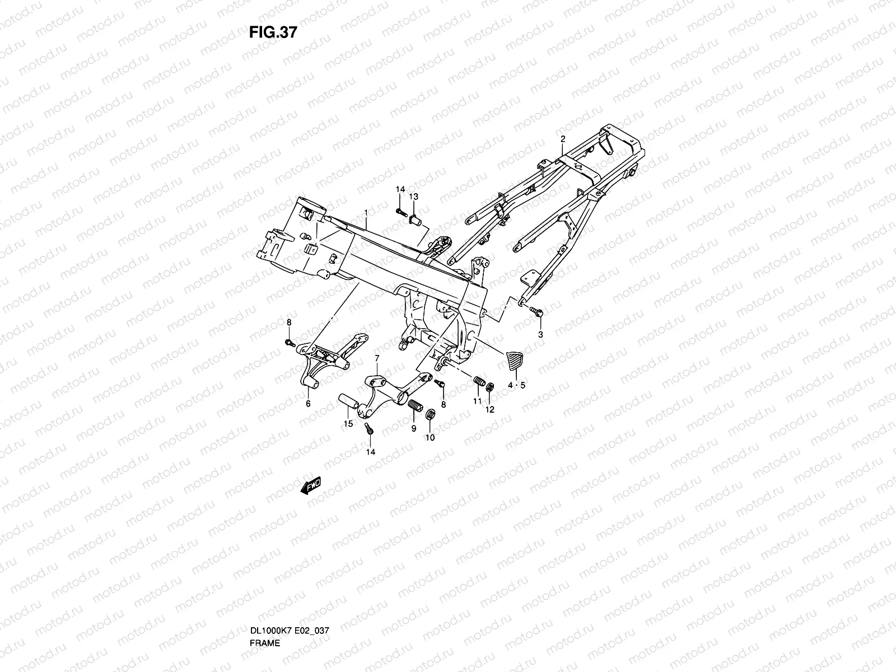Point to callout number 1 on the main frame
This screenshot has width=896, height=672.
click(x=366, y=213)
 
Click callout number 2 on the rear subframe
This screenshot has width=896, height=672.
click(x=563, y=139)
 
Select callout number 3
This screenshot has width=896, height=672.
click(x=540, y=334)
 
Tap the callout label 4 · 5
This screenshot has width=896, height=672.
click(x=516, y=385)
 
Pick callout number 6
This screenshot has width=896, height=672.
click(x=307, y=403)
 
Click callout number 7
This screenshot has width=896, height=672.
click(x=377, y=358)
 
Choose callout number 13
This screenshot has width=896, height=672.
click(x=414, y=197)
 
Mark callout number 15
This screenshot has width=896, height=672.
click(x=348, y=424)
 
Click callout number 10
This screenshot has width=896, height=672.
click(x=430, y=438)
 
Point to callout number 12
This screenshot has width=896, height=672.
click(x=490, y=409)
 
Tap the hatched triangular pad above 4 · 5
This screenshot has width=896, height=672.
click(x=514, y=360)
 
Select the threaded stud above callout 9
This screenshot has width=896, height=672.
click(x=415, y=406)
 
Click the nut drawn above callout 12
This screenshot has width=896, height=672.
click(x=491, y=387)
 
